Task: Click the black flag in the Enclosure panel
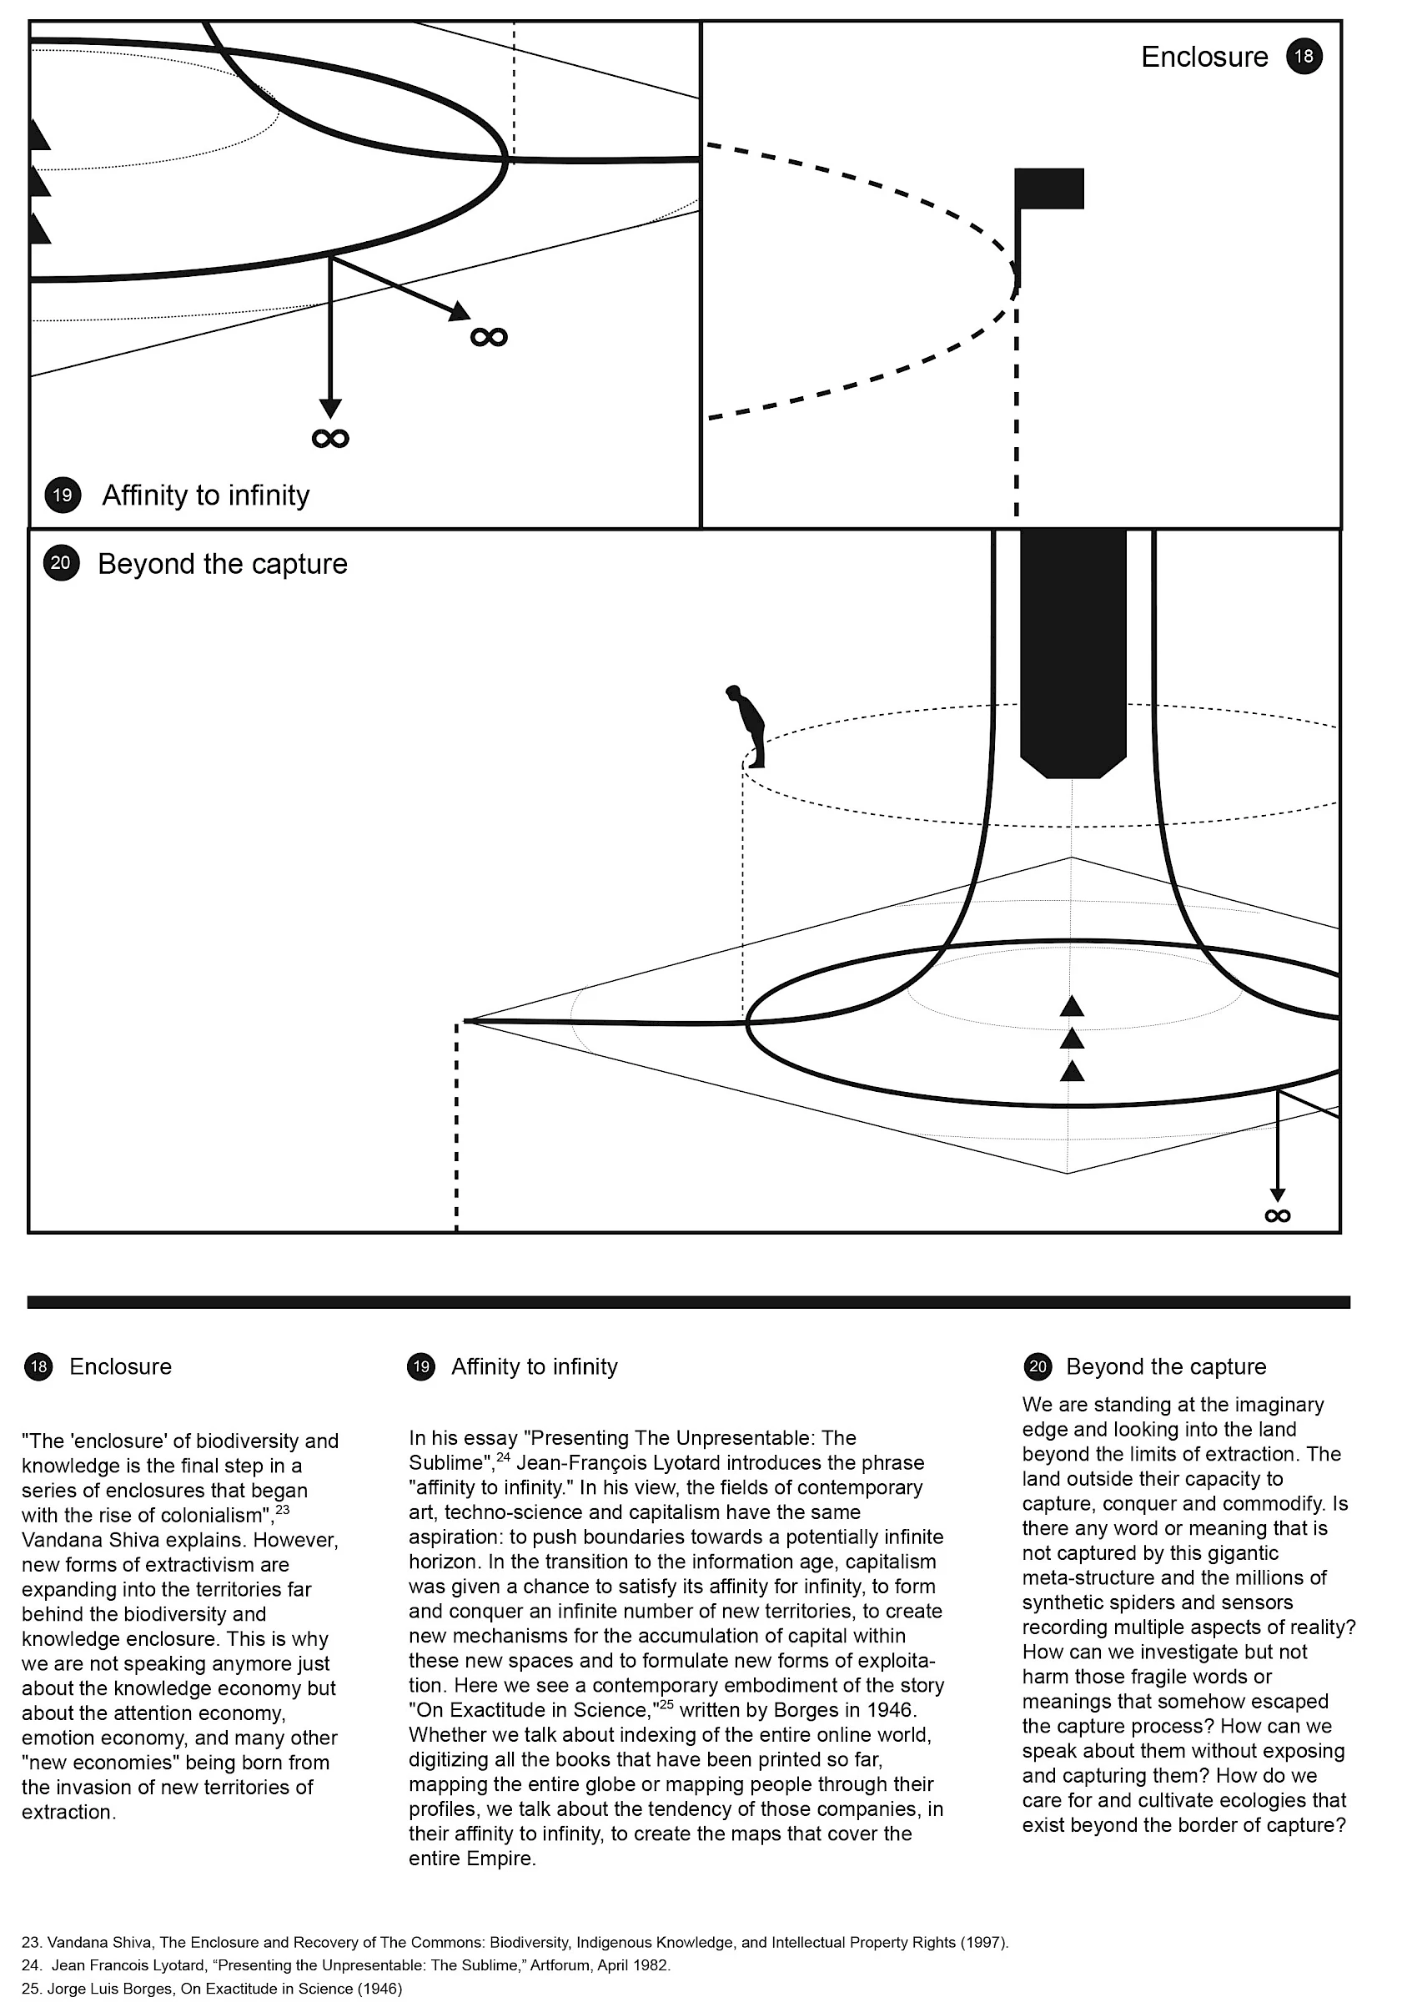(1049, 189)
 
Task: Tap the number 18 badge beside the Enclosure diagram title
(1304, 57)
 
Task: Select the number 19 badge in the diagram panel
(63, 495)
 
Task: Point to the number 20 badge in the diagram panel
(61, 563)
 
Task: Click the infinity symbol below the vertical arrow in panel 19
(330, 438)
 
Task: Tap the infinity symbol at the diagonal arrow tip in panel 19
(489, 336)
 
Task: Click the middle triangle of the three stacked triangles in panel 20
(1072, 1039)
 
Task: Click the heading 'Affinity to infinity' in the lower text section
(535, 1366)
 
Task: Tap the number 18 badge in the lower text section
(38, 1366)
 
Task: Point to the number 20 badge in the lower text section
(1038, 1366)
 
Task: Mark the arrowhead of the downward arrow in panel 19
(330, 408)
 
